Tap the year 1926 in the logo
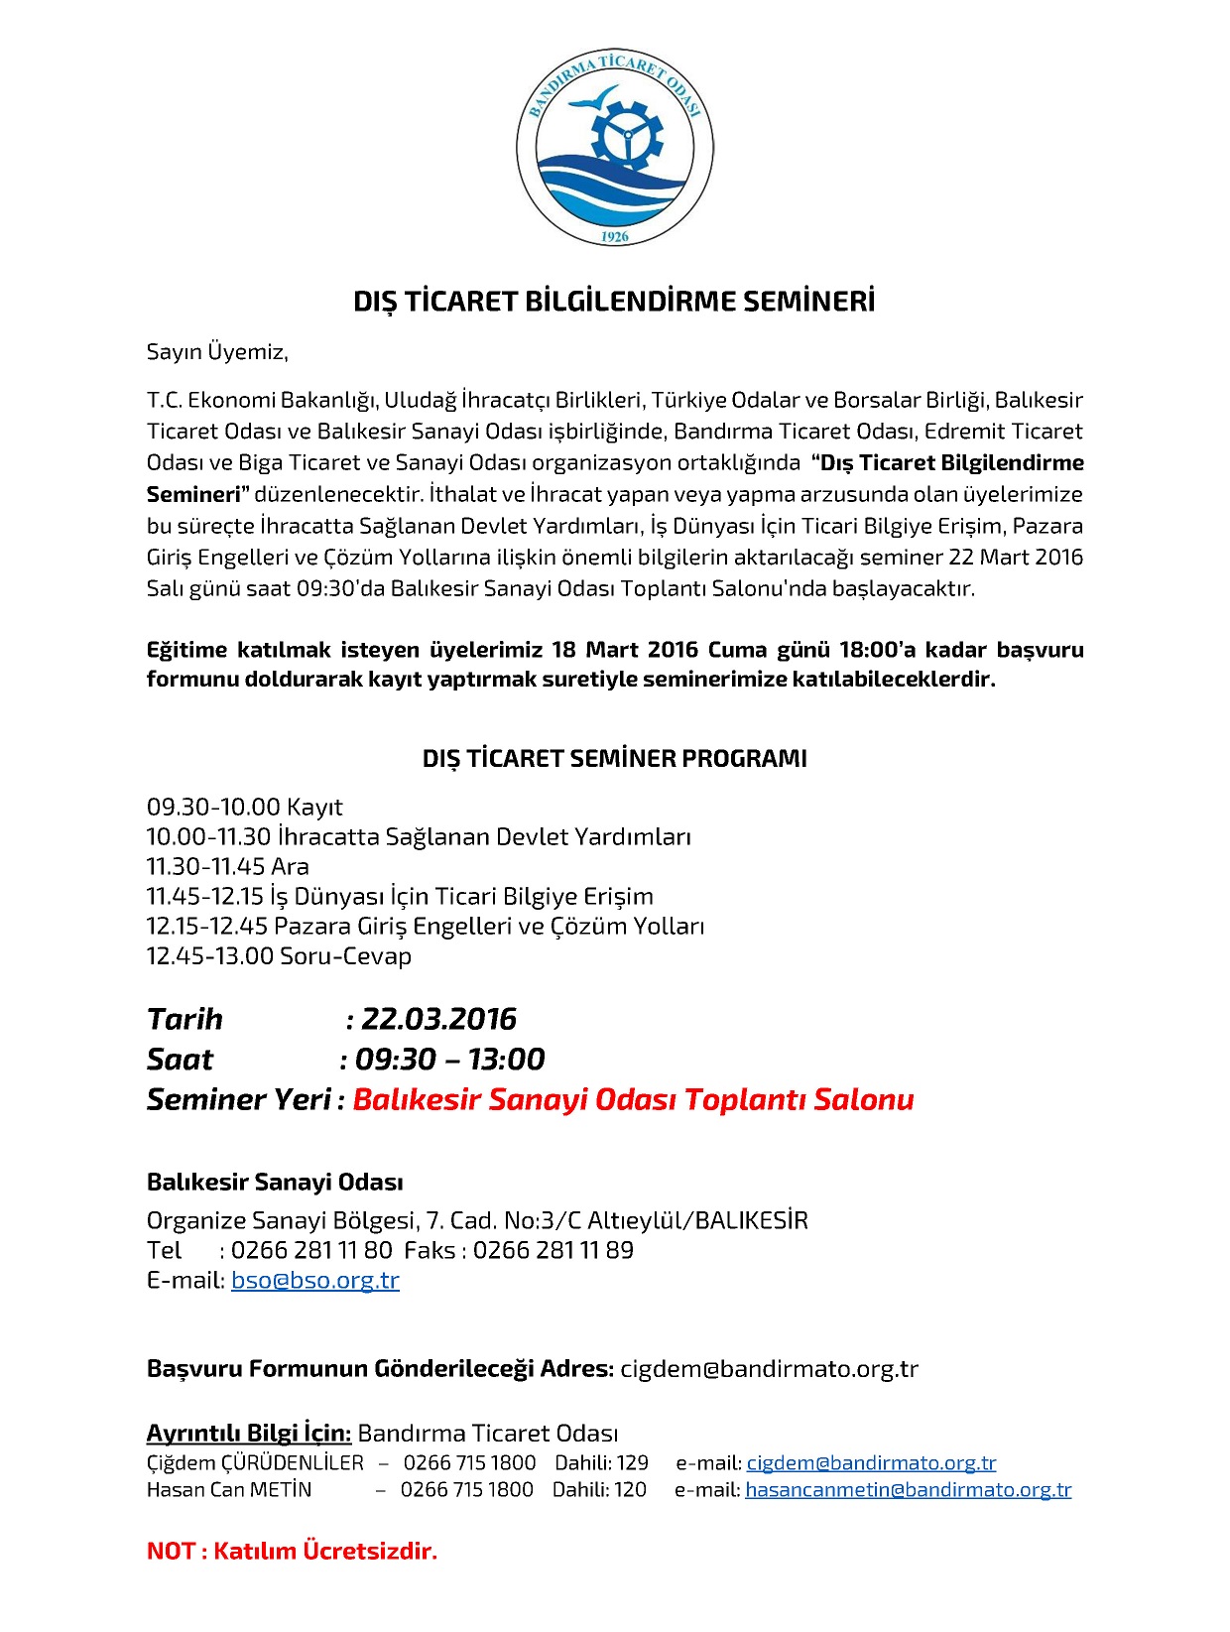pos(615,236)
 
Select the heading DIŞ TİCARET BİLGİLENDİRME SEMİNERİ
pos(614,302)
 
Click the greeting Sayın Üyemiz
pos(217,351)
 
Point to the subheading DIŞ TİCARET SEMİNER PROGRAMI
pos(614,759)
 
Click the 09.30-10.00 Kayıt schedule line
pos(244,807)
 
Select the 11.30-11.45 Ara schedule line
pos(227,866)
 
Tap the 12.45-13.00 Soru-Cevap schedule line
pos(279,955)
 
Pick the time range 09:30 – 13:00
pos(449,1059)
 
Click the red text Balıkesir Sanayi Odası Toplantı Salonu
pos(633,1099)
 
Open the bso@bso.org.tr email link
pos(314,1280)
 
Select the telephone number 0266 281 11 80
pos(311,1250)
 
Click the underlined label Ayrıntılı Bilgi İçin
pos(248,1433)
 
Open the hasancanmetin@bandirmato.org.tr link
pos(908,1489)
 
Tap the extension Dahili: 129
pos(601,1462)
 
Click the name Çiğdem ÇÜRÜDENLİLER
pos(255,1462)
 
